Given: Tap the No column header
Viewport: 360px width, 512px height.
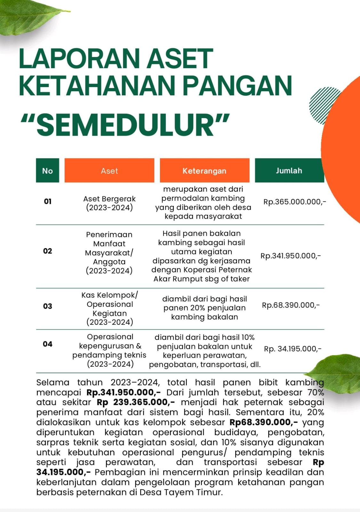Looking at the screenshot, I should [47, 171].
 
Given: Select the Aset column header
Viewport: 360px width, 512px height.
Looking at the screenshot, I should [109, 171].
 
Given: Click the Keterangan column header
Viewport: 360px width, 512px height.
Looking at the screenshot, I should [204, 171].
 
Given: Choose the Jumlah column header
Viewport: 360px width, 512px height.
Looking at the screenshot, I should [289, 171].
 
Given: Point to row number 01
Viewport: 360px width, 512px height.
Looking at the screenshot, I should [48, 201].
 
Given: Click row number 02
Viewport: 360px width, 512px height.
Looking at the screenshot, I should [48, 251].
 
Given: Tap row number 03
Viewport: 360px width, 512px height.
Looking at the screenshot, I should [48, 306].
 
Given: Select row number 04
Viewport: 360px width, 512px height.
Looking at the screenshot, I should [48, 344].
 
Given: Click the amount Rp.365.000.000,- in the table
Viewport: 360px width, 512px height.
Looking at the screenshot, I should [294, 202].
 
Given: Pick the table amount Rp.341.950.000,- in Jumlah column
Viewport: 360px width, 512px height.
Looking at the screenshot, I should [291, 256].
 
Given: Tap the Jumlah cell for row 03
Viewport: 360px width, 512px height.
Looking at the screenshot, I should [291, 305].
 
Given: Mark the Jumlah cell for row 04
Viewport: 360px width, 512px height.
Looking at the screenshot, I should [292, 348].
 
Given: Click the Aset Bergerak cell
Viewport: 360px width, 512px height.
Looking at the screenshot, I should [109, 203].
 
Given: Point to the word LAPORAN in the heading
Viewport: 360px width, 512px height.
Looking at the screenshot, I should [78, 58].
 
